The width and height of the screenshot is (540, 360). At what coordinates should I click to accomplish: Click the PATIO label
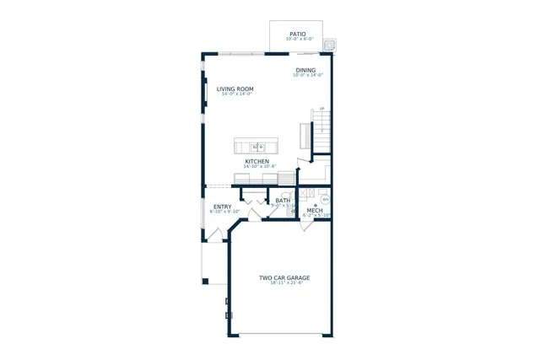(x=298, y=34)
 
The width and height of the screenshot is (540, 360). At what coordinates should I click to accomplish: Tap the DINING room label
(x=305, y=70)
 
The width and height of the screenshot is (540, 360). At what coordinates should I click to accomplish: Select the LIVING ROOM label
(x=235, y=89)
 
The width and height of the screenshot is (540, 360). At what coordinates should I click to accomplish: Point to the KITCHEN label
(x=257, y=161)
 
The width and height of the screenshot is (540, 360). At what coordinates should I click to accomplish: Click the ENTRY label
(x=223, y=207)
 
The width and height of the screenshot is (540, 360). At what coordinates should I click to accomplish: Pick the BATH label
(x=282, y=201)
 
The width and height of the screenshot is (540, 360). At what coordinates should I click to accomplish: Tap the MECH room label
(x=315, y=210)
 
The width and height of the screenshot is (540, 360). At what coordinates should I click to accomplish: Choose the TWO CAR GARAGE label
(x=284, y=277)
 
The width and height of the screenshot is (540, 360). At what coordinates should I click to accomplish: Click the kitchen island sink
(x=257, y=147)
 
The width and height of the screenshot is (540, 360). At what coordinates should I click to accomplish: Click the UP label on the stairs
(x=321, y=109)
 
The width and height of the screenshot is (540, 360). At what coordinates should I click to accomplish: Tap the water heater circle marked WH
(x=325, y=200)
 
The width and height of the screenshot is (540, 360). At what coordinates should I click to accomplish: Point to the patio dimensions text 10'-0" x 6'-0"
(x=299, y=40)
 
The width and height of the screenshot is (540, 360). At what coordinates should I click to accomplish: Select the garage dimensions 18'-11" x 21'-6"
(x=286, y=283)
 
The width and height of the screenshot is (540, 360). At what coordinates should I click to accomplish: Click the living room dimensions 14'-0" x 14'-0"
(x=236, y=94)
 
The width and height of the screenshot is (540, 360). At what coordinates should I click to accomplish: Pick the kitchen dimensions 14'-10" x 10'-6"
(x=259, y=167)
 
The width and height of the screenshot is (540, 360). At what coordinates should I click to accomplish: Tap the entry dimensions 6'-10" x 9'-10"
(x=224, y=212)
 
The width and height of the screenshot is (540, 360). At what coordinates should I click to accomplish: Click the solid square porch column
(x=204, y=281)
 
